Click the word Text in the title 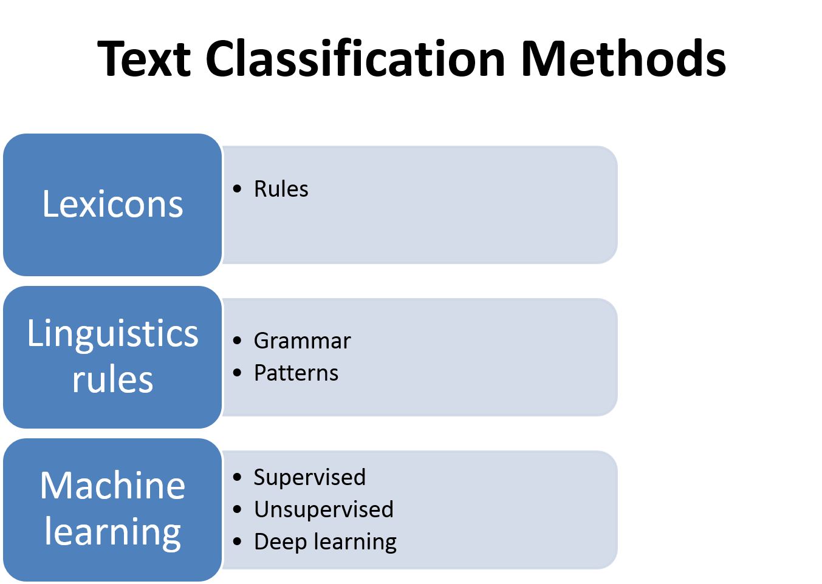pyautogui.click(x=144, y=59)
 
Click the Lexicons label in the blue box pyautogui.click(x=112, y=204)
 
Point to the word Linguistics pyautogui.click(x=112, y=334)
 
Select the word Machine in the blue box pyautogui.click(x=112, y=486)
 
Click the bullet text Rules pyautogui.click(x=281, y=189)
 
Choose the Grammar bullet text pyautogui.click(x=303, y=341)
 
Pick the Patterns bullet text pyautogui.click(x=296, y=373)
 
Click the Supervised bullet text pyautogui.click(x=310, y=478)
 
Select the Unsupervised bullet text pyautogui.click(x=324, y=510)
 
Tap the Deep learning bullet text pyautogui.click(x=325, y=542)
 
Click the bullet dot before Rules pyautogui.click(x=238, y=189)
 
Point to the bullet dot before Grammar pyautogui.click(x=238, y=341)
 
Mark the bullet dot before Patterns pyautogui.click(x=238, y=373)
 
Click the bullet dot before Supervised pyautogui.click(x=238, y=477)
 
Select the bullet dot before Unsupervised pyautogui.click(x=238, y=509)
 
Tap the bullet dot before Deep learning pyautogui.click(x=238, y=542)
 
